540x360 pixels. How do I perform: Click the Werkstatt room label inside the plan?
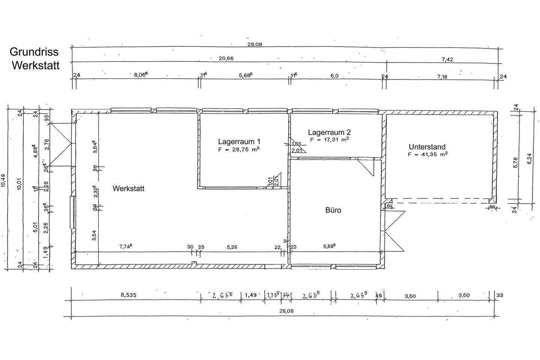[x=128, y=189]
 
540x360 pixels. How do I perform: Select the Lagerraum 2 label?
[x=329, y=132]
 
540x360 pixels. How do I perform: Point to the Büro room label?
[x=333, y=210]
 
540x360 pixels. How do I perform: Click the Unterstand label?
[x=427, y=147]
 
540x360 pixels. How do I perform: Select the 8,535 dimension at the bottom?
[x=128, y=295]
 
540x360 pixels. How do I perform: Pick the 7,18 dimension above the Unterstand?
[x=443, y=76]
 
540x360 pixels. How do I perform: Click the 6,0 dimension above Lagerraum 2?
[x=334, y=76]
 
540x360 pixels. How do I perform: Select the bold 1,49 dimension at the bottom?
[x=250, y=295]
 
